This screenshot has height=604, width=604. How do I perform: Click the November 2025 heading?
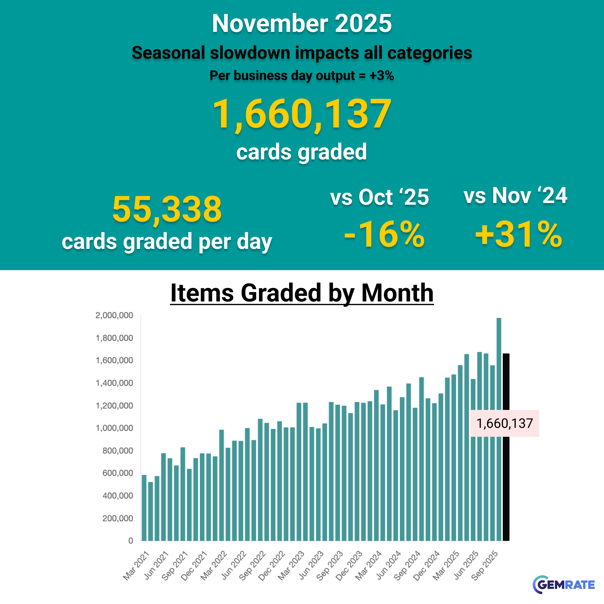click(x=302, y=23)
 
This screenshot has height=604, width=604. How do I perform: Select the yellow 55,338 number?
click(x=167, y=209)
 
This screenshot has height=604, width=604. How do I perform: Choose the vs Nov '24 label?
click(x=515, y=196)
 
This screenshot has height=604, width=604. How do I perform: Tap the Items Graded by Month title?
click(x=302, y=293)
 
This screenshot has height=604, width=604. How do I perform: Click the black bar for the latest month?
click(x=506, y=391)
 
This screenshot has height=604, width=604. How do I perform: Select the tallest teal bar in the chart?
click(x=499, y=428)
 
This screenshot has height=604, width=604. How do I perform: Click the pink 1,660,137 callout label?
click(x=504, y=423)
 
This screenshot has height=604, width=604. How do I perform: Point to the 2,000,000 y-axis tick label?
click(x=114, y=315)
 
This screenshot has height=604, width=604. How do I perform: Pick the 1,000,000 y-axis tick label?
click(x=114, y=428)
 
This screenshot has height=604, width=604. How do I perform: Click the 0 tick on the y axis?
click(x=131, y=541)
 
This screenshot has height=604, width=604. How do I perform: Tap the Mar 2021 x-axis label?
click(x=136, y=566)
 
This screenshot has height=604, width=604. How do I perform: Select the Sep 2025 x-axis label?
click(x=484, y=566)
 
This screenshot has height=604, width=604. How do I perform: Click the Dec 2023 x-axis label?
click(x=349, y=566)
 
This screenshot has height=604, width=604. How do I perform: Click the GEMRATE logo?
click(x=564, y=584)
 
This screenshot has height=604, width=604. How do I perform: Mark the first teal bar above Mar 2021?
click(x=144, y=508)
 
